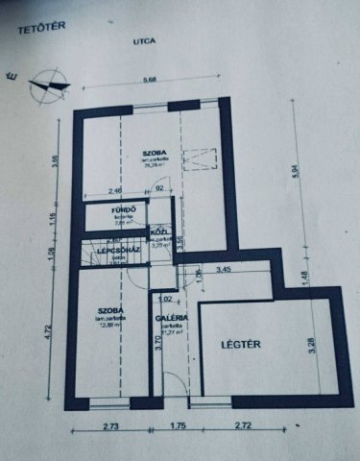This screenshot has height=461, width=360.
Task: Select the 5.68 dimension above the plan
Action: (x=149, y=81)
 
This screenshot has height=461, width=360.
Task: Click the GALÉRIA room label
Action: (x=172, y=317)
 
